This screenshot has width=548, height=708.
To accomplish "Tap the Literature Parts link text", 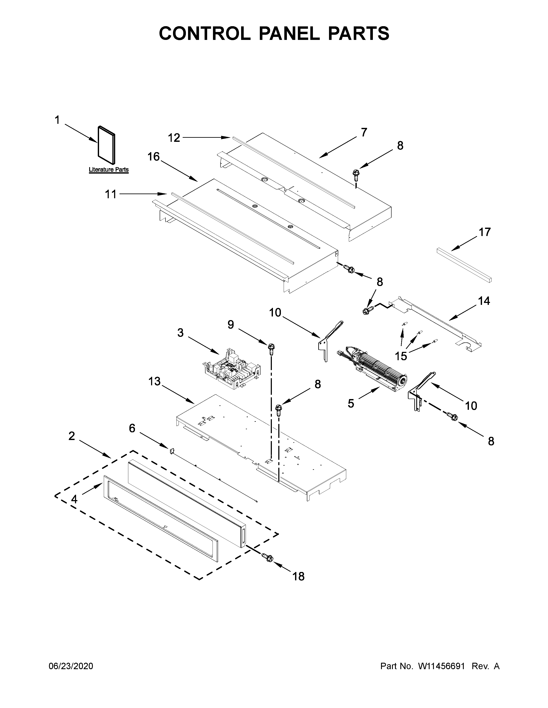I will tap(109, 169).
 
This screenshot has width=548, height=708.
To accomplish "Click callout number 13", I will tap(155, 381).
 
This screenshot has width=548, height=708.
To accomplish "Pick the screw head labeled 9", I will tap(271, 348).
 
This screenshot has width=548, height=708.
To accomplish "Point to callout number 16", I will tap(154, 157).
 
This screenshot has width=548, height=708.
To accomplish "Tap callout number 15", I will tap(401, 356).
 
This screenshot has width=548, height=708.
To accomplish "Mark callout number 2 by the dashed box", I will tap(72, 436).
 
